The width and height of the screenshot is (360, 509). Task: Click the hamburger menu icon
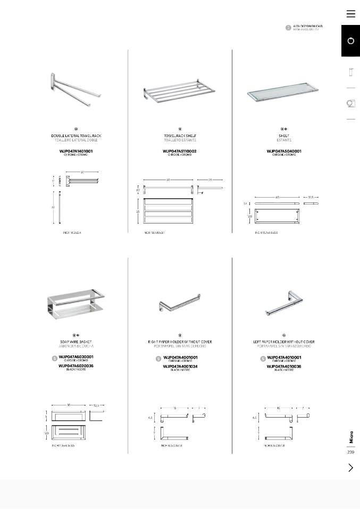click(x=350, y=14)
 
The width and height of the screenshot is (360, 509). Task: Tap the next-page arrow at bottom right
click(x=350, y=468)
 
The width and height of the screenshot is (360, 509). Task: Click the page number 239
click(x=350, y=452)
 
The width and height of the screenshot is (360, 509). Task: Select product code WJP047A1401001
click(x=76, y=151)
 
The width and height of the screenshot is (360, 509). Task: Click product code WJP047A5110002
click(x=180, y=151)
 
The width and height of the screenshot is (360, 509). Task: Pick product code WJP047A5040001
click(x=284, y=151)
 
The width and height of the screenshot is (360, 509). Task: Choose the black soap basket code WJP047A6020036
click(x=76, y=366)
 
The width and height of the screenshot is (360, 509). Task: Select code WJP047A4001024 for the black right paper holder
click(x=180, y=367)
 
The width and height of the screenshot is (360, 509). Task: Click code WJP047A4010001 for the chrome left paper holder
click(x=284, y=358)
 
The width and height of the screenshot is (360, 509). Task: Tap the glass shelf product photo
click(x=283, y=95)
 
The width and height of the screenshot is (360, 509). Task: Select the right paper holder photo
click(x=180, y=304)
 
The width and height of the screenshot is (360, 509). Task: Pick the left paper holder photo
click(x=284, y=303)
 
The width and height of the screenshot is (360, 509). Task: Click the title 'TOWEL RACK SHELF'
click(x=180, y=136)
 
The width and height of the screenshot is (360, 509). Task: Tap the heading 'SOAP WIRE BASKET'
click(x=76, y=342)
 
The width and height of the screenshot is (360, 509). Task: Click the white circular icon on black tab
click(x=350, y=41)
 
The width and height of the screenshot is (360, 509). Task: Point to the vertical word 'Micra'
click(x=351, y=437)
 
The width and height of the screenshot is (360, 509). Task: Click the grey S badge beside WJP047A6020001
click(x=54, y=359)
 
